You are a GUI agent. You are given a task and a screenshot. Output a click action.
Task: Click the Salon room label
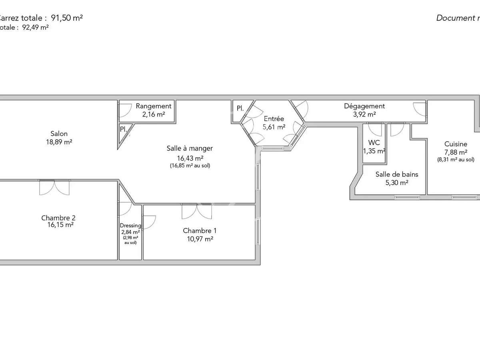coord(59,134)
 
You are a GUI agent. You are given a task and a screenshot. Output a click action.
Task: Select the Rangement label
coord(154,106)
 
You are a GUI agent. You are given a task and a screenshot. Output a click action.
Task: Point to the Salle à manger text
coord(190,148)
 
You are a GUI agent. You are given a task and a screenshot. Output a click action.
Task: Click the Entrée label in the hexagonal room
coord(274,119)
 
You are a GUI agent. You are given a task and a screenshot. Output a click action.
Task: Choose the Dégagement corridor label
coord(364,106)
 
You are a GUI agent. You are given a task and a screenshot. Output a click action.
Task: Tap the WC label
coord(374,143)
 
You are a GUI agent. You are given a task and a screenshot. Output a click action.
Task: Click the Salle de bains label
coord(396,174)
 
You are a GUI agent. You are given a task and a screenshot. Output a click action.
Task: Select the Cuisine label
coord(456,144)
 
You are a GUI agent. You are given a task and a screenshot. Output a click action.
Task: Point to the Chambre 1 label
coord(200,231)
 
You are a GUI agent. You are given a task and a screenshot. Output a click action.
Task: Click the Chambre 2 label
coord(58,218)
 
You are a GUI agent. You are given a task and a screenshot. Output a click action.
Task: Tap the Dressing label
coord(130,226)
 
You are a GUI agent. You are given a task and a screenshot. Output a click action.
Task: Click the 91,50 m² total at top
coord(67,18)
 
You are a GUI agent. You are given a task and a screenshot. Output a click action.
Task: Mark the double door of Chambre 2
coord(54,187)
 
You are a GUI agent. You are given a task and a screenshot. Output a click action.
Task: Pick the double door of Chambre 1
coord(196,211)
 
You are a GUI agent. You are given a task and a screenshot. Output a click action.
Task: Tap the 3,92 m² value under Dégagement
coord(364,114)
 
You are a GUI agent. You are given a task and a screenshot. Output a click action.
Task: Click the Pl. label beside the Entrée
coord(240,108)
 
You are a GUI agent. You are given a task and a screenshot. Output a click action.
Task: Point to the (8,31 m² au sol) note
coord(455,159)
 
